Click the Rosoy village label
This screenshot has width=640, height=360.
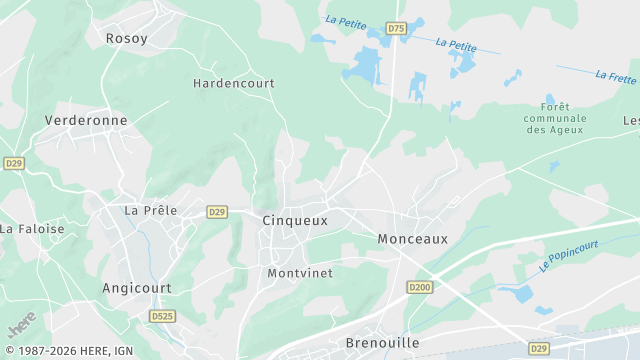coord(127,38)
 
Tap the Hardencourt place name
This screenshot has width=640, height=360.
coord(234,84)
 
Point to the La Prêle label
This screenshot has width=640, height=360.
coord(150,211)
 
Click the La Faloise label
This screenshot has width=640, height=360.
coord(32,229)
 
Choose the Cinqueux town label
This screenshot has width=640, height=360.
coord(295,220)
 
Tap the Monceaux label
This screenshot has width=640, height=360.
coord(412,239)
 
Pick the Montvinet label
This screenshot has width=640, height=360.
coord(300,273)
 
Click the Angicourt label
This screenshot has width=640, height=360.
coord(137,288)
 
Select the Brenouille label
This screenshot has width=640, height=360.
coord(382,343)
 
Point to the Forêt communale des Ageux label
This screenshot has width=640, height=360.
coord(555,118)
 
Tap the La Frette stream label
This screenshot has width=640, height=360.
coord(616,75)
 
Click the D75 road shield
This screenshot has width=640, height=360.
coord(397,29)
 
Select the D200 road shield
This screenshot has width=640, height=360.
coord(420,287)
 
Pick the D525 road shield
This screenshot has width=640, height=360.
coord(162,316)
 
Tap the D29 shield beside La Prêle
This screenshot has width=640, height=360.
coord(217,212)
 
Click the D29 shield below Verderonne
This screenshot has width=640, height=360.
coord(14,162)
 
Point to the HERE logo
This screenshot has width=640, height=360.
coord(21,325)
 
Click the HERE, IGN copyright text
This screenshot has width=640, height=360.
coord(70,351)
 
